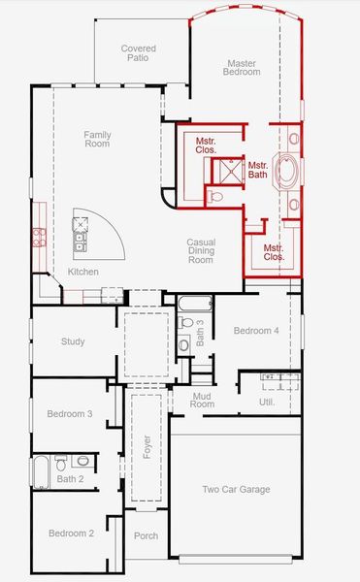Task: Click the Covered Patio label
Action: (138, 53)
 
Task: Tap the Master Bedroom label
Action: (242, 68)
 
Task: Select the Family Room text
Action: (97, 139)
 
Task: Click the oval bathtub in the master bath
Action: (288, 172)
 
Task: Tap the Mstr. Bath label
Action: (257, 171)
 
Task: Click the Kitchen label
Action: (82, 272)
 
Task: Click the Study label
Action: (73, 341)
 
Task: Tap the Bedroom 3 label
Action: (70, 414)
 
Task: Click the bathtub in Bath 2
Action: (41, 472)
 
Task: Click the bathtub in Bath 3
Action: (190, 302)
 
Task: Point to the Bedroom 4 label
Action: (256, 331)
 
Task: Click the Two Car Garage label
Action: (235, 490)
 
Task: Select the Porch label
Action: (146, 536)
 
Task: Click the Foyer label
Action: (147, 448)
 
